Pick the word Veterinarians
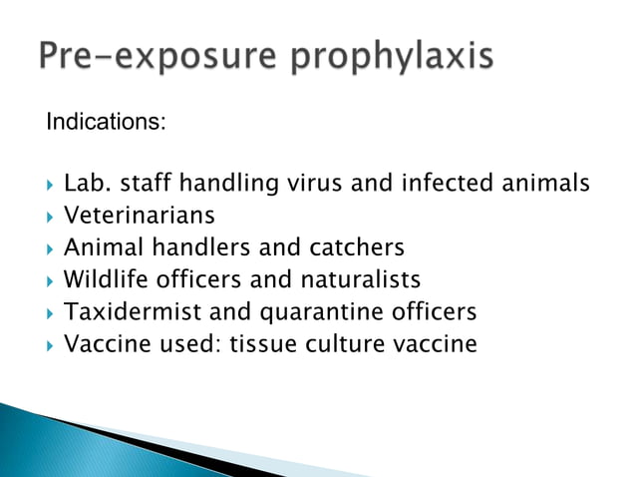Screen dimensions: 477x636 click(139, 215)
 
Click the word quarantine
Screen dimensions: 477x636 click(308, 312)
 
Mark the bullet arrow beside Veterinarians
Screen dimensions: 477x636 click(50, 216)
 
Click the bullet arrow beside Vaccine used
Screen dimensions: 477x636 click(50, 345)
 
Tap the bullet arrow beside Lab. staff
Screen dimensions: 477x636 click(50, 184)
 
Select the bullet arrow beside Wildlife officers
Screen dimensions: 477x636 click(50, 280)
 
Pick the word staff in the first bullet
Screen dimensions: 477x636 click(144, 183)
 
